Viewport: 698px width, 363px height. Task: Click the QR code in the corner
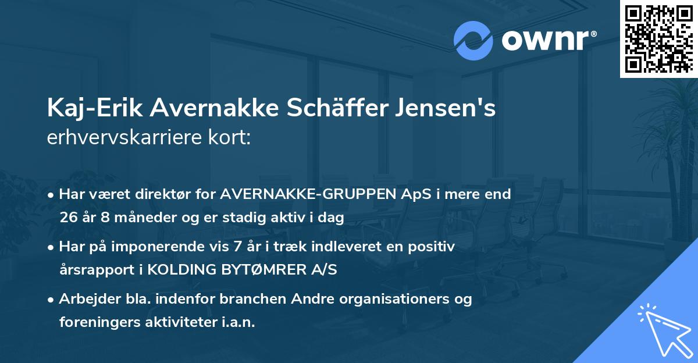point(658,39)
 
